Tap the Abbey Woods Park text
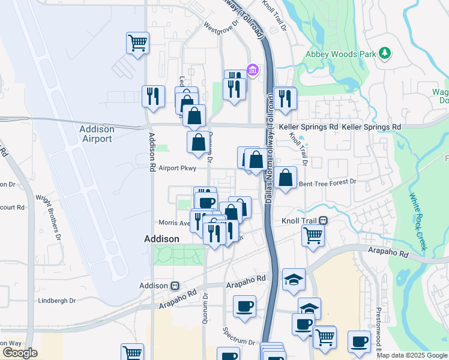(340, 54)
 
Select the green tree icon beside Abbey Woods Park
(384, 54)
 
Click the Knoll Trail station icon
(323, 221)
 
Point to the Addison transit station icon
(175, 286)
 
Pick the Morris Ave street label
(173, 223)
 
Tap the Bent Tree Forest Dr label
(327, 181)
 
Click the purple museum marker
(253, 71)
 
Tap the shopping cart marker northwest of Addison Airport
(137, 43)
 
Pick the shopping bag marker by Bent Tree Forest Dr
(287, 177)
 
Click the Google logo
(20, 353)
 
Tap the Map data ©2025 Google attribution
(412, 355)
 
